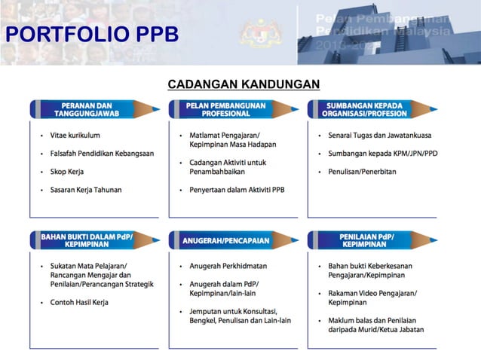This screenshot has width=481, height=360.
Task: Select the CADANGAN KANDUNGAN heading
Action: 244,84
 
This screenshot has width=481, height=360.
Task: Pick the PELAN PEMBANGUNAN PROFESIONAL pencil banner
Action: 225,109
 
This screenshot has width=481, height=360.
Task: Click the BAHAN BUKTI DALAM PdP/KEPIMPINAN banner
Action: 87,240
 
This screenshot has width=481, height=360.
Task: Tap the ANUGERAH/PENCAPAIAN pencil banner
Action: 225,240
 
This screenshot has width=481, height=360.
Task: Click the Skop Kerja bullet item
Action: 67,172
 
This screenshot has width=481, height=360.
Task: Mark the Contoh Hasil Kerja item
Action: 80,302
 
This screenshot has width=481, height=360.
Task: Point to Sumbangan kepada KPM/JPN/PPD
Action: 382,154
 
